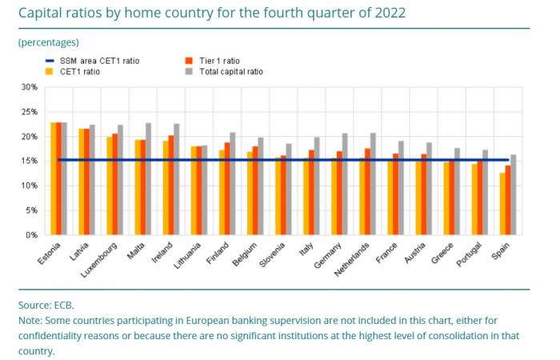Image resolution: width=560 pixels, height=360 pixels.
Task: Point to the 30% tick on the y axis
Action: coord(29,87)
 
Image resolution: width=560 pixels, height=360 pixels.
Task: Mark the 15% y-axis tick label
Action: coord(29,161)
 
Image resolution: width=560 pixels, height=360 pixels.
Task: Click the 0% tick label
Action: coord(31,235)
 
